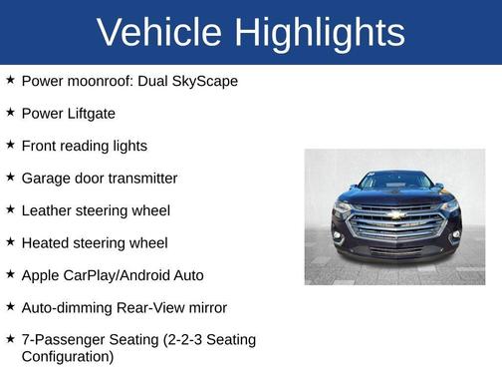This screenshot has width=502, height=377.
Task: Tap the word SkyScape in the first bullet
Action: coord(205,81)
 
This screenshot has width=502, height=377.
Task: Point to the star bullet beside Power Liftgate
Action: coord(10,112)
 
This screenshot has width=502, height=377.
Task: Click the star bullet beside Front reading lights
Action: coord(10,145)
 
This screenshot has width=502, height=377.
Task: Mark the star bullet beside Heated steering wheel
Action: coord(10,241)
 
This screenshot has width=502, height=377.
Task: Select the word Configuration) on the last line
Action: coord(68,356)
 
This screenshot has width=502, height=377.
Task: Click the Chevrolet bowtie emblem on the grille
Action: coord(396,213)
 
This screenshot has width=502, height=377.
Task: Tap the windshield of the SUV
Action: coord(395,183)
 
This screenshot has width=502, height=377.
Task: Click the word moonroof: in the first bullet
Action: coord(105,81)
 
